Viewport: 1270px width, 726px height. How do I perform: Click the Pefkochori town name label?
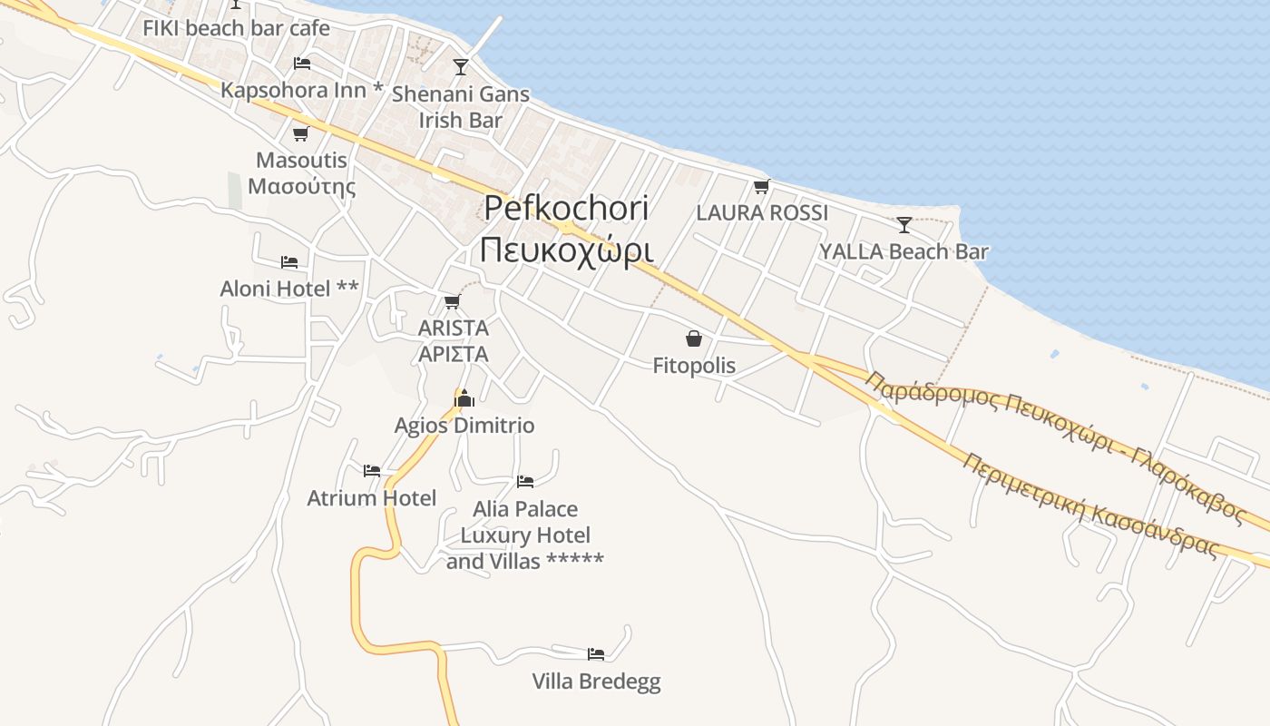click(565, 228)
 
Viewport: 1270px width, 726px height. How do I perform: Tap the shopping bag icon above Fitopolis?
click(694, 339)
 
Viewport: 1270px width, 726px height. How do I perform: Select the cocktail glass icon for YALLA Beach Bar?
click(904, 224)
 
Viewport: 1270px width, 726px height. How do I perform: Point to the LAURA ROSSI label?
click(762, 213)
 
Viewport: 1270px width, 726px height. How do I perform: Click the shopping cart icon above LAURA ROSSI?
click(761, 187)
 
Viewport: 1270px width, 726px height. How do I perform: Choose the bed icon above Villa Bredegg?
click(595, 653)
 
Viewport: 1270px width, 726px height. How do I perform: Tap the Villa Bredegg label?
click(596, 682)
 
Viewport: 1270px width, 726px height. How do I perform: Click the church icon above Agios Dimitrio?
click(464, 398)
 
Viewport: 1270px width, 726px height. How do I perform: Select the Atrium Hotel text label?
click(372, 498)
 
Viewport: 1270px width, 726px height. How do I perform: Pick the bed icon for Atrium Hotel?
click(372, 470)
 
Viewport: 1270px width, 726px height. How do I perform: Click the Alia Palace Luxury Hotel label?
click(525, 535)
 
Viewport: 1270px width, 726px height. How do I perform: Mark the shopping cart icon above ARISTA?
click(452, 301)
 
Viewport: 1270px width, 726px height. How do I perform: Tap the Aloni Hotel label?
click(289, 289)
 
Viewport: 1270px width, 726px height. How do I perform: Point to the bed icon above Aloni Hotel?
click(289, 262)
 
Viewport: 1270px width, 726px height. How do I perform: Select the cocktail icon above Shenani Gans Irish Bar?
click(461, 66)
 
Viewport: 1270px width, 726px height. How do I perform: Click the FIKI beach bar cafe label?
click(236, 28)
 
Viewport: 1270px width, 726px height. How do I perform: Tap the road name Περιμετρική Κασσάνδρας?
click(1089, 505)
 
